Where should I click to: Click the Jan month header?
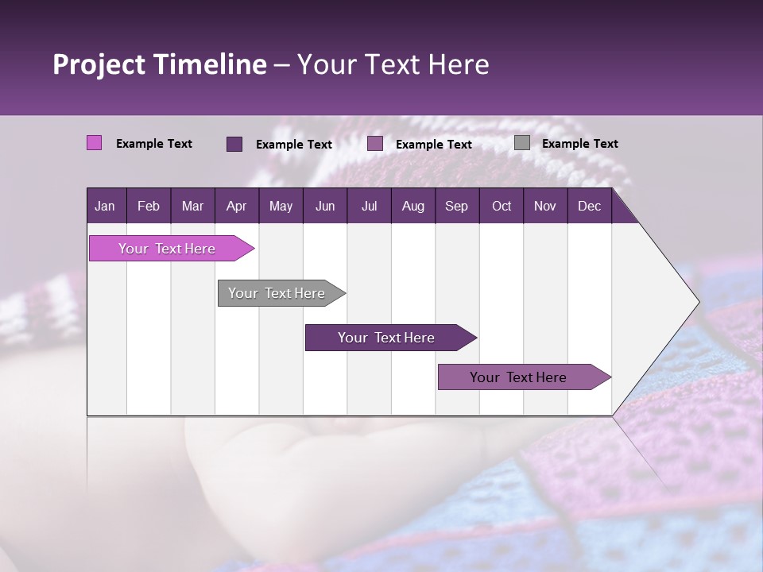(105, 207)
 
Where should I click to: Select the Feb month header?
(149, 207)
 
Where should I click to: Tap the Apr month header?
(236, 207)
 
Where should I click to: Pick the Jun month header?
(325, 207)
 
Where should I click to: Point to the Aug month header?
(412, 207)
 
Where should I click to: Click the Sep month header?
(456, 207)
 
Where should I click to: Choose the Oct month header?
(502, 207)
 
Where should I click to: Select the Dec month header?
(589, 207)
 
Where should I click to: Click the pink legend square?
(94, 143)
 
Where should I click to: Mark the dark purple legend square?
(234, 144)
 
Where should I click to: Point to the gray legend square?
(521, 143)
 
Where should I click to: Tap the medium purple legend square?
(375, 144)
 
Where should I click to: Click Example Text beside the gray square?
(579, 144)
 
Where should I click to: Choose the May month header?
(281, 207)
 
